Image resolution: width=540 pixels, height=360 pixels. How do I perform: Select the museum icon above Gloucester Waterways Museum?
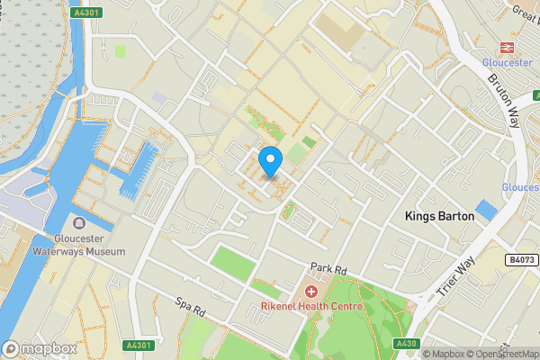78,223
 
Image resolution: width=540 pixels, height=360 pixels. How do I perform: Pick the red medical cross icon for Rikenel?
312,292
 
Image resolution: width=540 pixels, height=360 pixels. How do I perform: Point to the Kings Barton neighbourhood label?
439,216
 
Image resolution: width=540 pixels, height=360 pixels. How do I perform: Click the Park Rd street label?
328,268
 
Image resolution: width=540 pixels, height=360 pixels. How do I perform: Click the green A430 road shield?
407,344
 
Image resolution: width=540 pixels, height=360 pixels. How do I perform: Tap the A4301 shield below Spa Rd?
138,345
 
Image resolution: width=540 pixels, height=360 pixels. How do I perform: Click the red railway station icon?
506,47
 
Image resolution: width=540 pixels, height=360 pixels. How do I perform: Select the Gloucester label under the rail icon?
508,62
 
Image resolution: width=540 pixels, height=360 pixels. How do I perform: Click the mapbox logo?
40,348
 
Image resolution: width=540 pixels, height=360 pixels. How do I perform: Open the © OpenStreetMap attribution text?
504,354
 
